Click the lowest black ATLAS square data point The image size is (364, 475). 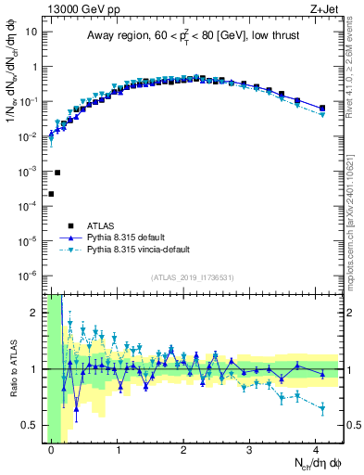(51, 194)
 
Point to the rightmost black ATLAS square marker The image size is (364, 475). (322, 109)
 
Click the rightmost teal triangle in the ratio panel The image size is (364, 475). (322, 408)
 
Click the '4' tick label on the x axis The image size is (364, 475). (317, 449)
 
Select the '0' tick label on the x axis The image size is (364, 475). (51, 449)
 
